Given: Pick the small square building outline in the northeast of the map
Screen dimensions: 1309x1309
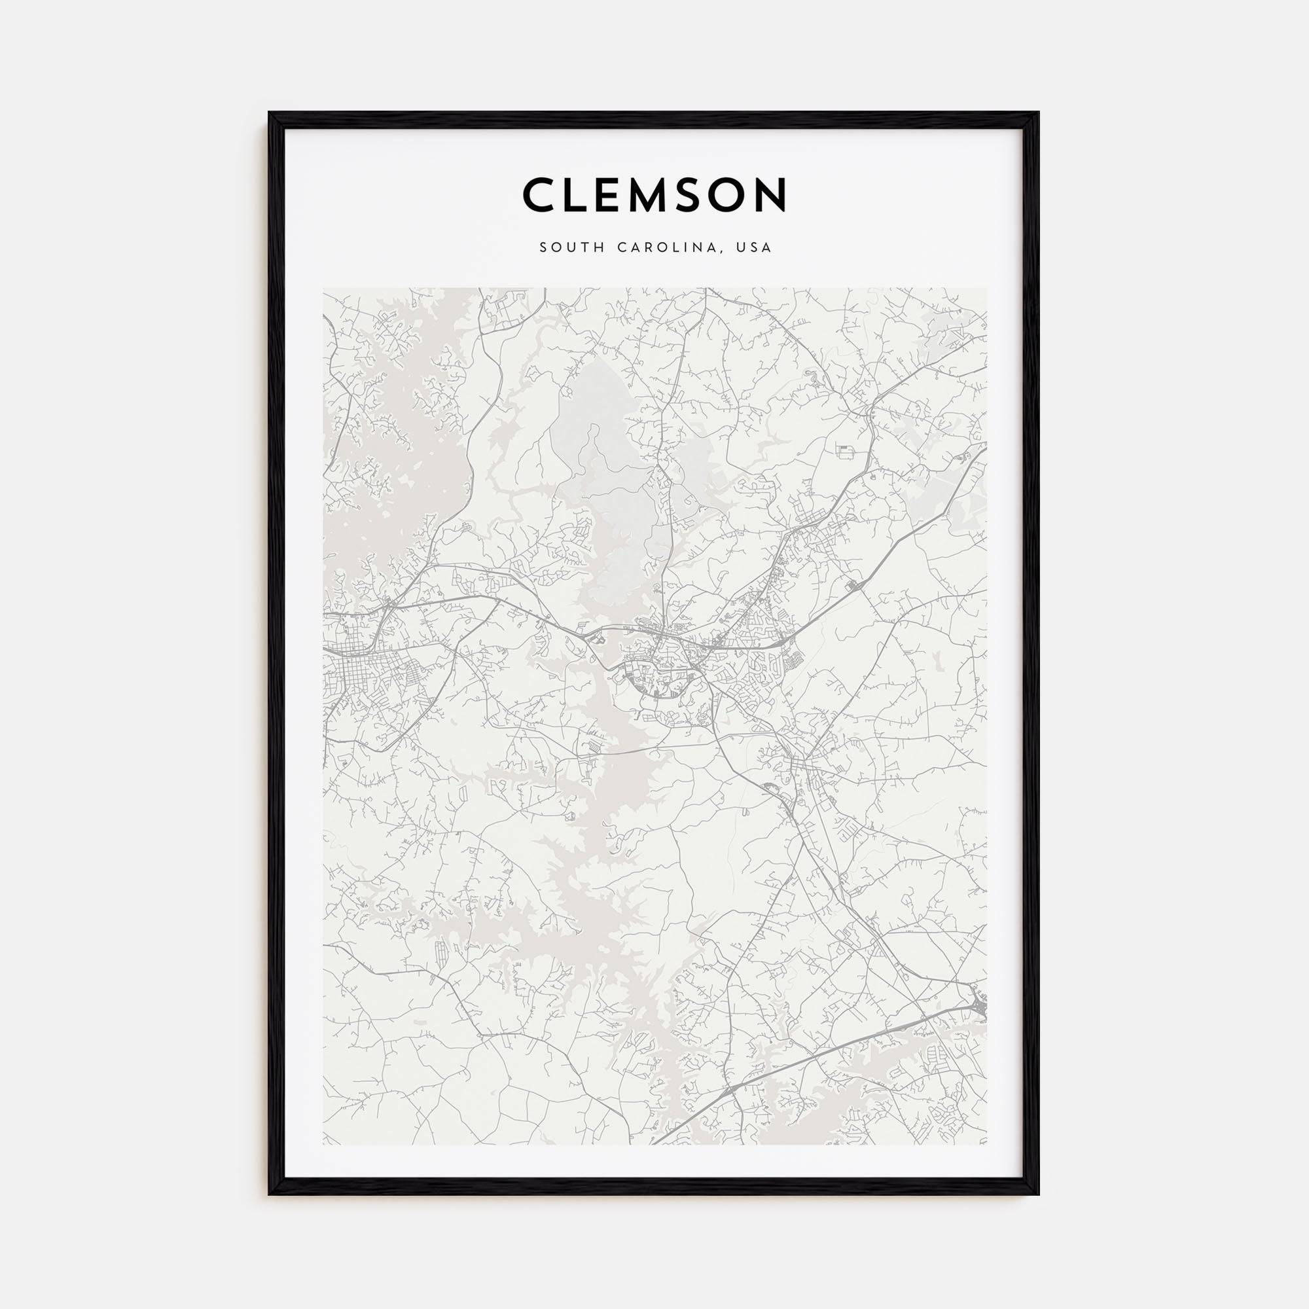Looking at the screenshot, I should tap(845, 450).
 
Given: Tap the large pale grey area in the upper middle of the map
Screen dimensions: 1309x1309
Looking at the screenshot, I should tap(613, 488).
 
